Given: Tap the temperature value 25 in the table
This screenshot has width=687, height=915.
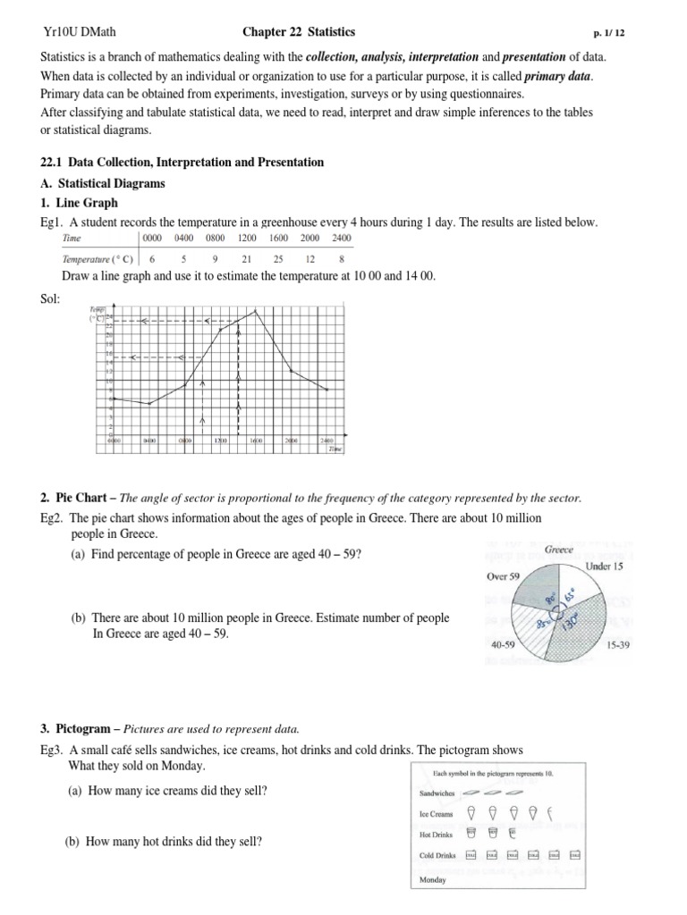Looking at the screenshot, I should coord(278,259).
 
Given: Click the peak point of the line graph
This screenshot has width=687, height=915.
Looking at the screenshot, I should coord(257,310).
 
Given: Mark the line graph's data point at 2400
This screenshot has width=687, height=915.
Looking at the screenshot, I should coord(327,390).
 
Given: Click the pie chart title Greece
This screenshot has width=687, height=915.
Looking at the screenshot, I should coord(559,550).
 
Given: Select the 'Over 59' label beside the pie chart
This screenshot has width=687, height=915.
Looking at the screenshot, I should coord(503,576).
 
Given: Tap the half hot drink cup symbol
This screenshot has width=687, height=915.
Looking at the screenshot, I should coord(512,834).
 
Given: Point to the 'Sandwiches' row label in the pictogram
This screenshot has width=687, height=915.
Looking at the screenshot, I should coord(437,793).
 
